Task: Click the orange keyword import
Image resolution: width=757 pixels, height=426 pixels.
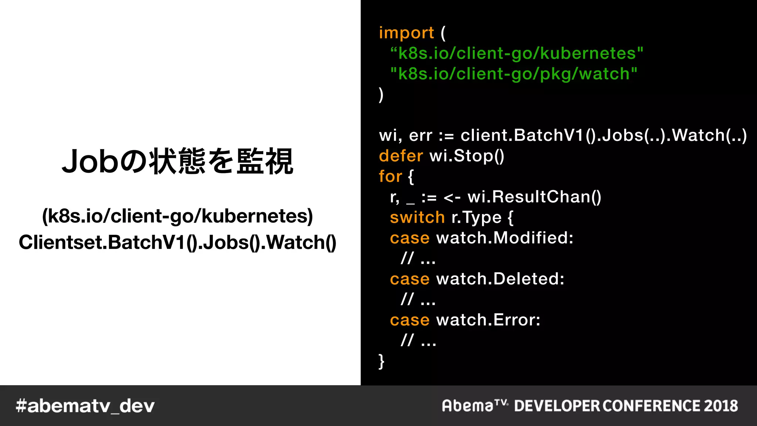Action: pyautogui.click(x=406, y=33)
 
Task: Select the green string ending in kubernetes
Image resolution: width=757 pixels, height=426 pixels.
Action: pyautogui.click(x=517, y=54)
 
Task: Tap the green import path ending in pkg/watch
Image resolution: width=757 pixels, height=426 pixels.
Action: pyautogui.click(x=514, y=74)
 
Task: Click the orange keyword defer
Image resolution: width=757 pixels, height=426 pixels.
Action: pyautogui.click(x=401, y=156)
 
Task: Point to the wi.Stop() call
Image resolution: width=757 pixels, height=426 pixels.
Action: pyautogui.click(x=467, y=156)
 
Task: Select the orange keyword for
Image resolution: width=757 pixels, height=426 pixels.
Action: pyautogui.click(x=390, y=176)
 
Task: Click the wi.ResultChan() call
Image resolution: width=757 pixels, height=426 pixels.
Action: pyautogui.click(x=534, y=197)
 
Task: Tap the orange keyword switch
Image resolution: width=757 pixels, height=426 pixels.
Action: pyautogui.click(x=417, y=217)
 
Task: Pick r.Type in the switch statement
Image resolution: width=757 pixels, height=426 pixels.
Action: pyautogui.click(x=476, y=217)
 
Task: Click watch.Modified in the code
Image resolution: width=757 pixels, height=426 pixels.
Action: pyautogui.click(x=505, y=238)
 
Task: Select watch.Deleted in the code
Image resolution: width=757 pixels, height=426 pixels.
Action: pyautogui.click(x=500, y=279)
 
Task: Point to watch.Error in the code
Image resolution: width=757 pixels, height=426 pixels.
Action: pyautogui.click(x=488, y=320)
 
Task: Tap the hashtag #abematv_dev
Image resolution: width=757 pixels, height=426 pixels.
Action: pyautogui.click(x=85, y=406)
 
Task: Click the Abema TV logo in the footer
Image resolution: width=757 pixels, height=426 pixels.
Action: pyautogui.click(x=475, y=406)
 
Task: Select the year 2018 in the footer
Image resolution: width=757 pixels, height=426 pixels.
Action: pyautogui.click(x=721, y=406)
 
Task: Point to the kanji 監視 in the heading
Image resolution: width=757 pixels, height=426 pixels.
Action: pyautogui.click(x=265, y=162)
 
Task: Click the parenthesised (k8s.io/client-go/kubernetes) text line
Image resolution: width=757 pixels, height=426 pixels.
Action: pyautogui.click(x=177, y=216)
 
